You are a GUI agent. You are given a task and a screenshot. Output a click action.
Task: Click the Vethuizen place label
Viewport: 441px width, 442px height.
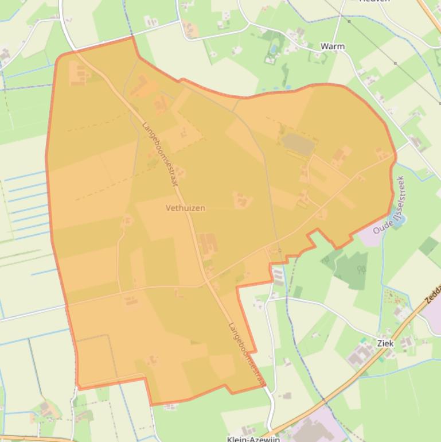[x=185, y=208]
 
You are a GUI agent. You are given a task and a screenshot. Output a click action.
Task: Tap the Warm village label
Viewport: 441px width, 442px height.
[x=333, y=46]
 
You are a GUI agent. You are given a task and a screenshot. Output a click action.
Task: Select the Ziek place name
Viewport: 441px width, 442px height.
[x=385, y=343]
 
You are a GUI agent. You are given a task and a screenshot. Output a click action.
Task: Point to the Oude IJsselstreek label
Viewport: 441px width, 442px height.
[x=389, y=206]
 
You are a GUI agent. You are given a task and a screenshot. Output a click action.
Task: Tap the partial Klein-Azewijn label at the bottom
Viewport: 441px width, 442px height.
[x=253, y=439]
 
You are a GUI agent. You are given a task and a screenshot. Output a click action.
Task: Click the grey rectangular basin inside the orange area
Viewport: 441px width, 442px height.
[x=297, y=144]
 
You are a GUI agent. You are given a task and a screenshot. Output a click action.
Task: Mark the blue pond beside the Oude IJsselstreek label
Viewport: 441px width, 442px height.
[x=398, y=219]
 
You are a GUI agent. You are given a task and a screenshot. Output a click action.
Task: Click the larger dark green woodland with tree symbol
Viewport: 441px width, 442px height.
[x=350, y=269]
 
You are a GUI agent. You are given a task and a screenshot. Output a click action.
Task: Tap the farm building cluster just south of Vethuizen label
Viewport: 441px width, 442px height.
[x=208, y=243]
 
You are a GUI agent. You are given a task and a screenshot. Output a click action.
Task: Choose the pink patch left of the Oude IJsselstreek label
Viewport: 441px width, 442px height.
[x=370, y=236]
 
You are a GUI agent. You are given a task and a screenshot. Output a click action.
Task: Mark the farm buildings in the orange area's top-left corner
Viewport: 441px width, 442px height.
[x=78, y=73]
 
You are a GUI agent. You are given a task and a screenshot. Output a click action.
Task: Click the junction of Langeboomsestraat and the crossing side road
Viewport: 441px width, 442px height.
[x=205, y=282]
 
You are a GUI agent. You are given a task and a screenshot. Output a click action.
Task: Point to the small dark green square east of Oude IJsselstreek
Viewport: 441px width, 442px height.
[x=428, y=246]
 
